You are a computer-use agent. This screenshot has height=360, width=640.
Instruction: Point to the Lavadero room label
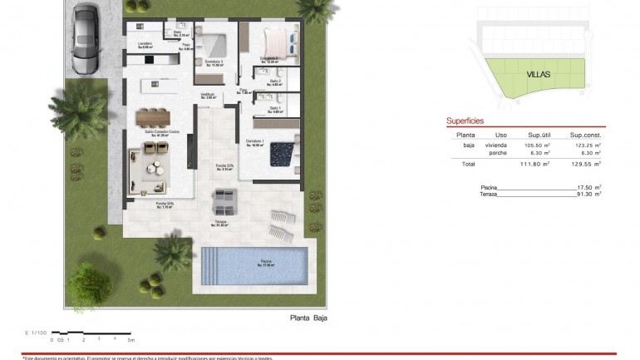pyautogui.click(x=146, y=46)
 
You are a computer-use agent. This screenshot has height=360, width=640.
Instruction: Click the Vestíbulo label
pyautogui.click(x=208, y=96)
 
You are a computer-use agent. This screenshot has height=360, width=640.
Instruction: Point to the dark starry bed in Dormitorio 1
pyautogui.click(x=283, y=152)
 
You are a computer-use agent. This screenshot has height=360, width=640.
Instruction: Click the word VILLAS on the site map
pyautogui.click(x=538, y=74)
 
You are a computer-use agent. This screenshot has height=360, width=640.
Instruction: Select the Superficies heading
pyautogui.click(x=465, y=121)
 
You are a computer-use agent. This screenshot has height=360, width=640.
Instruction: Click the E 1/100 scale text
pyautogui.click(x=38, y=333)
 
